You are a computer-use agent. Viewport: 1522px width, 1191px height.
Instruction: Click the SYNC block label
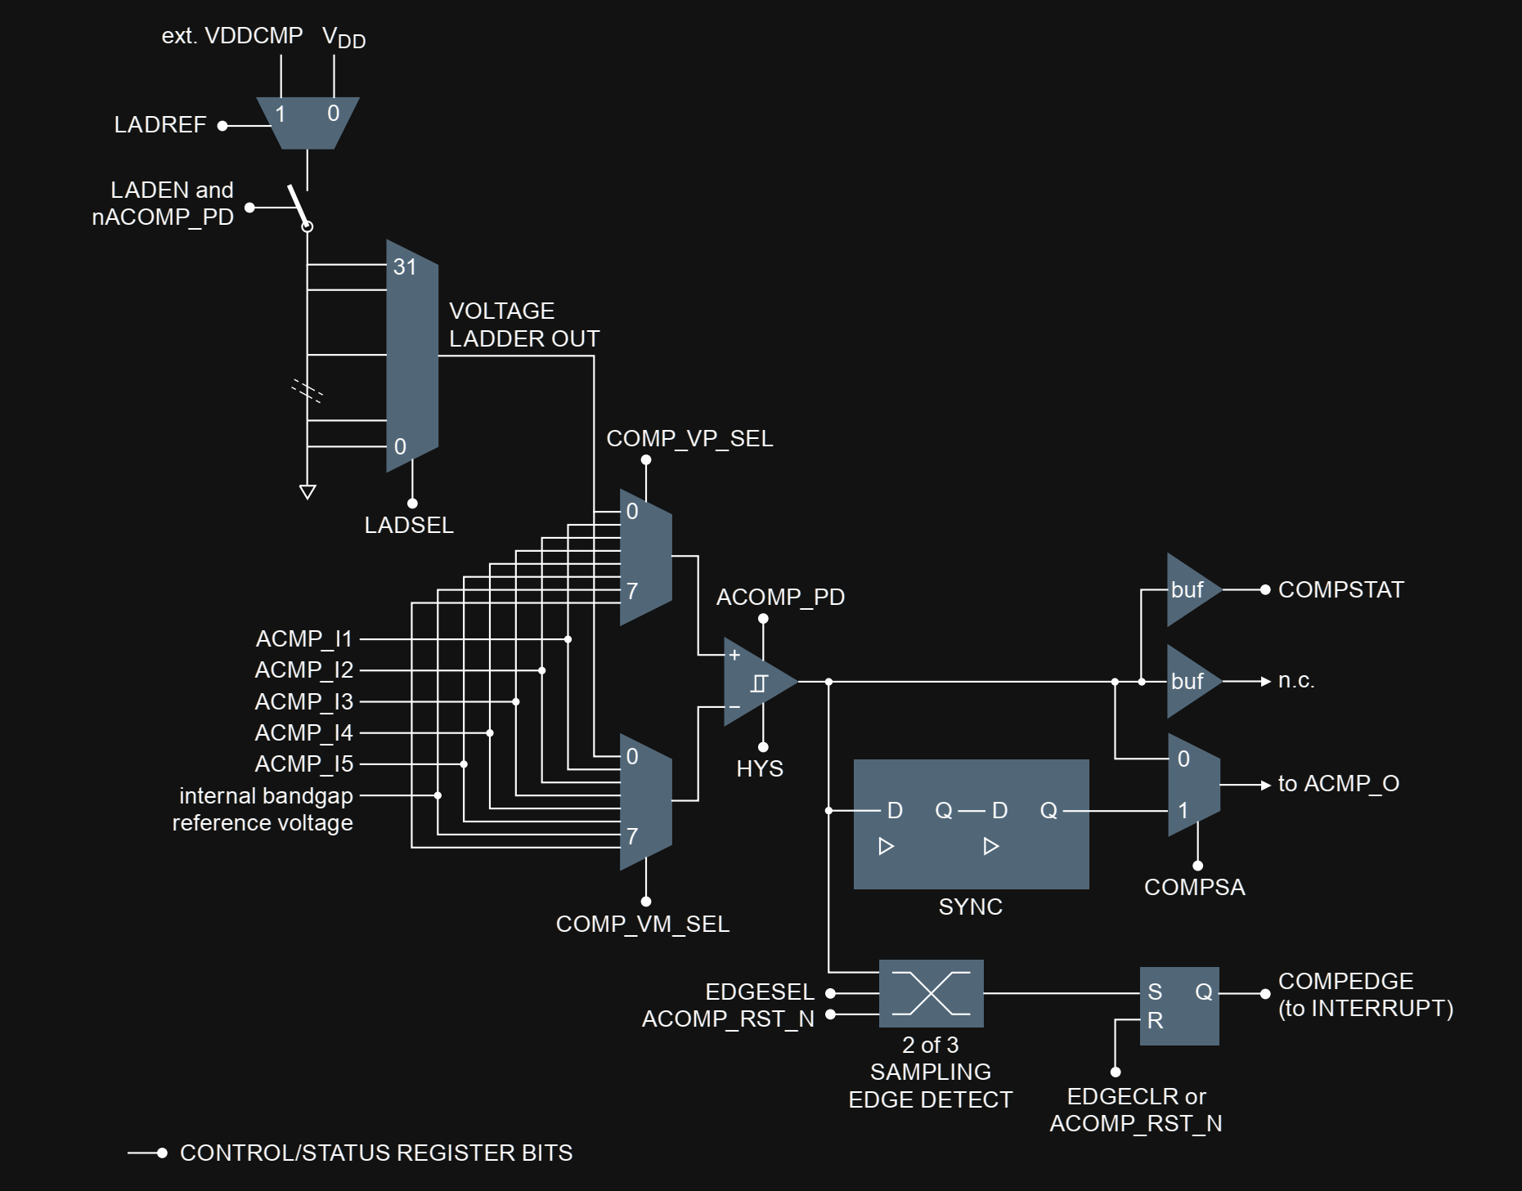tap(970, 907)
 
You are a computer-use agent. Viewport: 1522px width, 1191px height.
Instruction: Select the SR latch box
tap(1179, 1005)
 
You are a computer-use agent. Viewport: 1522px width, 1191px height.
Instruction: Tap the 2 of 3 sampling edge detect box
tap(931, 993)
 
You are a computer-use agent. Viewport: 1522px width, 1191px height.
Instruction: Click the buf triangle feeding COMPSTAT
tap(1190, 589)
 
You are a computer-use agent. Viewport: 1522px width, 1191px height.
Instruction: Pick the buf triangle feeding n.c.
tap(1190, 681)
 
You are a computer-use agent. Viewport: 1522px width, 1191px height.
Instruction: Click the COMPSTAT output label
tap(1340, 589)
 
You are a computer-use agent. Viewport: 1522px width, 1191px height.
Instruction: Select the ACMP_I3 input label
tap(303, 701)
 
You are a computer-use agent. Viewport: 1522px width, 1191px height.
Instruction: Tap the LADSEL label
tap(408, 525)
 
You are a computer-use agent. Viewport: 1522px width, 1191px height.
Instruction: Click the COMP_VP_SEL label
tap(689, 438)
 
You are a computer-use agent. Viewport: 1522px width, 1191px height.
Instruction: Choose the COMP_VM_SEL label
tap(642, 924)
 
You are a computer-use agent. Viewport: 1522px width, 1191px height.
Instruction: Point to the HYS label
tap(759, 768)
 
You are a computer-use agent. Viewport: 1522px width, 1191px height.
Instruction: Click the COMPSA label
tap(1194, 887)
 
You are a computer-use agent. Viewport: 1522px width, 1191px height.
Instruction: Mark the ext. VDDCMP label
tap(231, 35)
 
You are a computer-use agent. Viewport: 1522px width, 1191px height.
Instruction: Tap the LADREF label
tap(160, 124)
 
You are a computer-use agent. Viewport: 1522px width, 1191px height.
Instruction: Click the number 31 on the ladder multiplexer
tap(405, 266)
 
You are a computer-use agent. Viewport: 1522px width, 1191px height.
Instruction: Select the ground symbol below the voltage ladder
tap(308, 491)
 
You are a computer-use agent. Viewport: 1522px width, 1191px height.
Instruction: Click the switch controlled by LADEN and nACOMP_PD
tap(299, 208)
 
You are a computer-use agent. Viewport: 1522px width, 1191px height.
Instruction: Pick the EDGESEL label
tap(759, 992)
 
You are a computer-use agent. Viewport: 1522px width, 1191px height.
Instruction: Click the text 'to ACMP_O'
tap(1338, 783)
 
